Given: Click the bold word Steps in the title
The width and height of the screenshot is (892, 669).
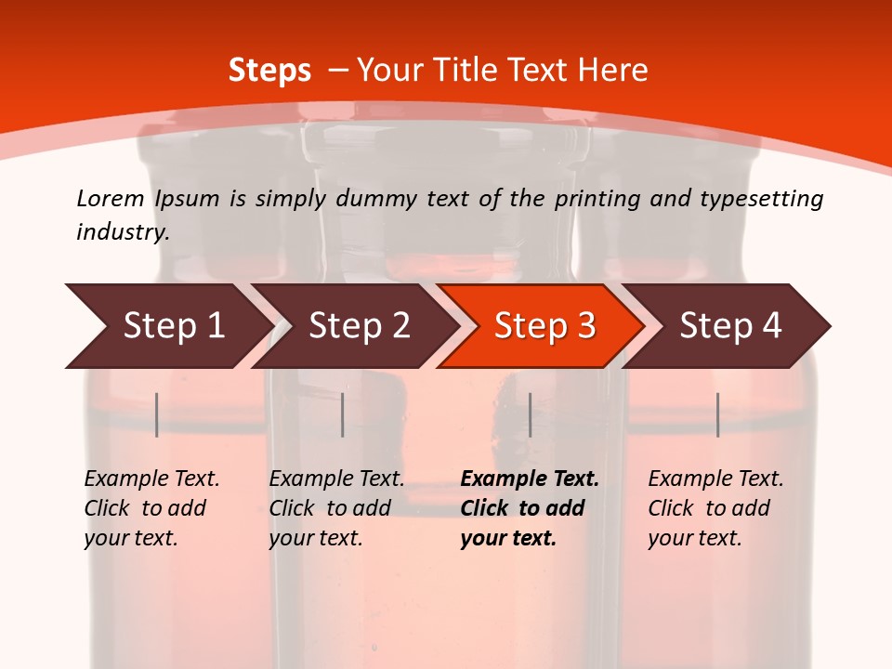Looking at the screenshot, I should (269, 71).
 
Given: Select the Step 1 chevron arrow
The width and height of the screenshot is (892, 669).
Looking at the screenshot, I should (167, 326).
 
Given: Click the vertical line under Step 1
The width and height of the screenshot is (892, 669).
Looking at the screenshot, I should (157, 414).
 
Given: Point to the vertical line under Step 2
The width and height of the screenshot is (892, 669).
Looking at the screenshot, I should (343, 414).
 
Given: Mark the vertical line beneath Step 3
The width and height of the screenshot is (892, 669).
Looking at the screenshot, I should (530, 414).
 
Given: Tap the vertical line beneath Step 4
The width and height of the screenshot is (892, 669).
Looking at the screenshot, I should (717, 414).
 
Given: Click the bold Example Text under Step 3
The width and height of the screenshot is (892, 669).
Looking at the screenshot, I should (530, 508).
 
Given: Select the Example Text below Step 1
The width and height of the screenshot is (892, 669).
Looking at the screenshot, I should (151, 508).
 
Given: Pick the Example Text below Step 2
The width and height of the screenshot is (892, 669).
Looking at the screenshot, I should (336, 508).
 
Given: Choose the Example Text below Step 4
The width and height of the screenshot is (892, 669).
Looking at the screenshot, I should (715, 508).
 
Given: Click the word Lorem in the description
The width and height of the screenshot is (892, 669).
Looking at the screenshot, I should (111, 199).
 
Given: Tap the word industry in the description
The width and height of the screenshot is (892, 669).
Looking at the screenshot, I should (122, 232).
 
